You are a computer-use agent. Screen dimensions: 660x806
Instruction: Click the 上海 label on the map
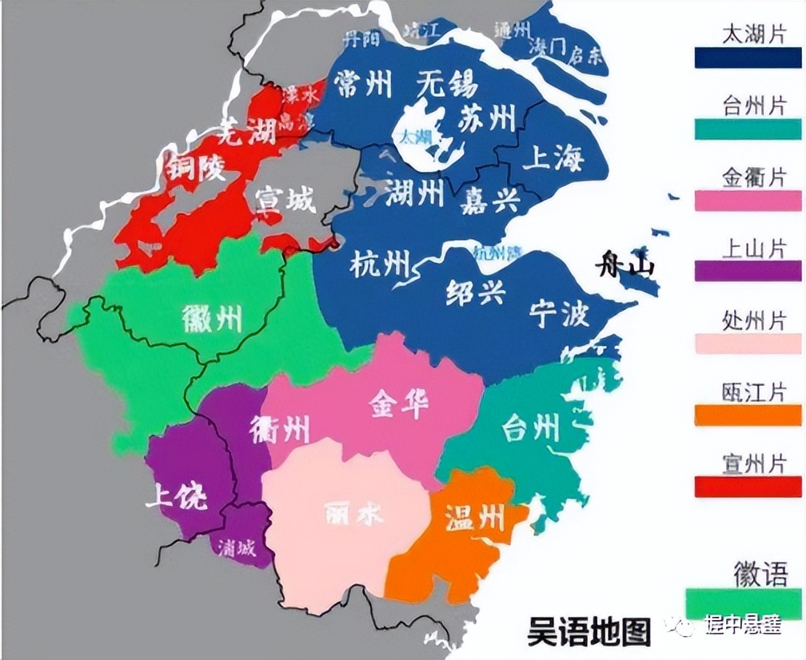[553, 157]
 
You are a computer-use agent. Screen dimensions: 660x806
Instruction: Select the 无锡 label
[445, 85]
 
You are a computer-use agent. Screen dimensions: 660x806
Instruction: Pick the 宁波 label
[559, 315]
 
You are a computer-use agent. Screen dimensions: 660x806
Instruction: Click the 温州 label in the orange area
[475, 520]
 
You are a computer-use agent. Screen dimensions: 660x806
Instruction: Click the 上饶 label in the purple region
[176, 497]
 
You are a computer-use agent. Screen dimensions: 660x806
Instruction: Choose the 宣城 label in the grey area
[285, 200]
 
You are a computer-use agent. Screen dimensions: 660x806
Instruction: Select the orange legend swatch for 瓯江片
[748, 415]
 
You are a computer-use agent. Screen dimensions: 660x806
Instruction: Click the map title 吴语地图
[589, 631]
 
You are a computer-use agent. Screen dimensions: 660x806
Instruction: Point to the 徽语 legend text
[760, 574]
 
